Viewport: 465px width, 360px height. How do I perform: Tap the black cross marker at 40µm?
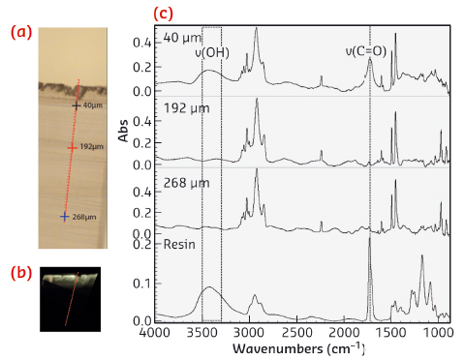[77, 105]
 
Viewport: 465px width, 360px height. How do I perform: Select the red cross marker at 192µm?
[71, 148]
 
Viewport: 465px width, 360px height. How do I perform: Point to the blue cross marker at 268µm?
[64, 217]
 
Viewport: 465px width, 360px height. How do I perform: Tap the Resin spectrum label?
[180, 245]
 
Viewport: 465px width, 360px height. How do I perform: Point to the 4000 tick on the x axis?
[155, 331]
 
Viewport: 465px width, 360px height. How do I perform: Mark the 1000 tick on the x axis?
[440, 331]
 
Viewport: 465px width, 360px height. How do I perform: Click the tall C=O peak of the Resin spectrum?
[370, 242]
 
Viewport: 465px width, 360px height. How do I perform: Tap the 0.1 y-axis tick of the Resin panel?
[141, 283]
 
